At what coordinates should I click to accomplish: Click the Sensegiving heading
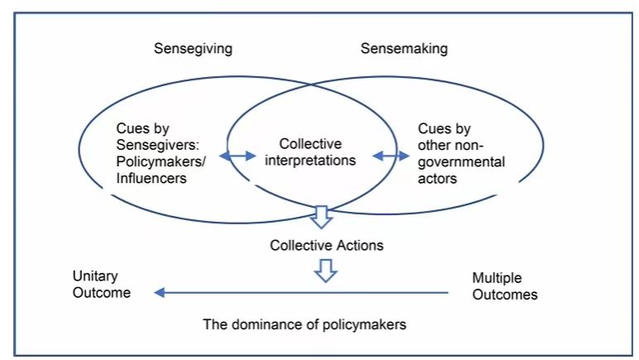[193, 48]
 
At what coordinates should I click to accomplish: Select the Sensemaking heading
[404, 48]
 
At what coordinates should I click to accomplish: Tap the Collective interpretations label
[310, 151]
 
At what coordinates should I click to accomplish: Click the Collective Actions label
[326, 245]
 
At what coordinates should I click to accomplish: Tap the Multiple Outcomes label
[504, 286]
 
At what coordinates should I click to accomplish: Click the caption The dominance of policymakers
[305, 324]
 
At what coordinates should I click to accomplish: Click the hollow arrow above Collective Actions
[320, 218]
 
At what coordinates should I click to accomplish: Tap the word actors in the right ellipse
[439, 179]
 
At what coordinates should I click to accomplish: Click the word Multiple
[497, 277]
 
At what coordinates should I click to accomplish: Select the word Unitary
[95, 276]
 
